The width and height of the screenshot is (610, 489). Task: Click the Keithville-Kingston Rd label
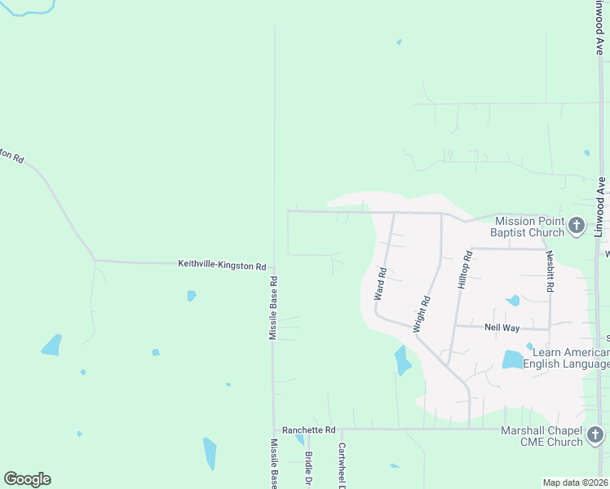(x=223, y=266)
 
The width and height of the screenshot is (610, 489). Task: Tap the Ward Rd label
(x=380, y=282)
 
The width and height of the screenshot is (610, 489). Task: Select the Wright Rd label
(x=422, y=313)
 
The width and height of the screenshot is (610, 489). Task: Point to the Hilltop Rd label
(x=464, y=269)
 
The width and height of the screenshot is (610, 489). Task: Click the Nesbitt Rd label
(x=550, y=241)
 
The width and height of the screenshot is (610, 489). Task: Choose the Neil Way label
(x=502, y=327)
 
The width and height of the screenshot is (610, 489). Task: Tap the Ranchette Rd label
(x=308, y=430)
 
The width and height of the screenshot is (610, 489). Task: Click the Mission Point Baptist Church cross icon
(x=576, y=226)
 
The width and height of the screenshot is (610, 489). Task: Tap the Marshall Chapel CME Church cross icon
(x=596, y=435)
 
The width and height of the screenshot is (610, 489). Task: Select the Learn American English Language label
(x=566, y=358)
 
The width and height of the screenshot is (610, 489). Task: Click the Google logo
(x=28, y=479)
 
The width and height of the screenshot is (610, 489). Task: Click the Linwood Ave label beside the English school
(x=602, y=196)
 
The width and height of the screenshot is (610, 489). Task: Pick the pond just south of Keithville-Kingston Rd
(x=192, y=296)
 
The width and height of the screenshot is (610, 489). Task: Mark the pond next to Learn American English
(x=512, y=359)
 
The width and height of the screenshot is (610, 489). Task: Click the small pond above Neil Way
(x=513, y=301)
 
